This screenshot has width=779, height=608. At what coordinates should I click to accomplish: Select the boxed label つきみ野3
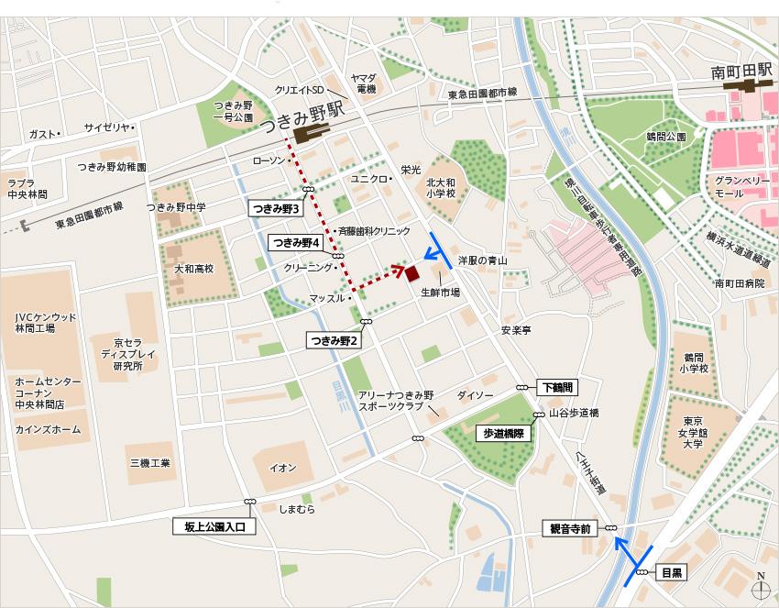point(276,209)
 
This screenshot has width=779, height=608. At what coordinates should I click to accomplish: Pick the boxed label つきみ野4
point(294,243)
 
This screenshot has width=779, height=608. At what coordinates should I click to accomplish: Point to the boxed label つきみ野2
point(334,340)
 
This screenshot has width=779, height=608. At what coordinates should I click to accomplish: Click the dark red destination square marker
point(411,272)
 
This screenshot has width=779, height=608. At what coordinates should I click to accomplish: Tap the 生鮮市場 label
point(440,293)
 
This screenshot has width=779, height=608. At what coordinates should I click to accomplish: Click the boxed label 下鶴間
point(555,388)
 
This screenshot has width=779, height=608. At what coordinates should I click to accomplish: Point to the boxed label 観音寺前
point(569,528)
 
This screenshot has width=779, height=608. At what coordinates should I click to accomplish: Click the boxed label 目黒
point(673,572)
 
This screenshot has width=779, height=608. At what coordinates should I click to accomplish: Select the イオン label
point(282,469)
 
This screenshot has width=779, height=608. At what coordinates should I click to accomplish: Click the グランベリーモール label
point(742,188)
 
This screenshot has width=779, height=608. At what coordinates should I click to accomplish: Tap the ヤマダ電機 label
point(366,83)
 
